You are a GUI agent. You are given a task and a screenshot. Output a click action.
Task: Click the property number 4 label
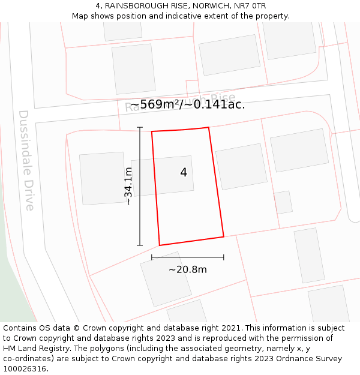point(184,173)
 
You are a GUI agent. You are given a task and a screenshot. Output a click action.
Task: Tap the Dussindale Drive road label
point(27,160)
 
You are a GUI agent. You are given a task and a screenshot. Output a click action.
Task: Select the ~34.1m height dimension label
point(128,186)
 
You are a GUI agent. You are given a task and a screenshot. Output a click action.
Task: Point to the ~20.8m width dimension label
point(187,270)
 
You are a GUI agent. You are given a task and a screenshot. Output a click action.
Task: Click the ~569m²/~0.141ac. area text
point(187,104)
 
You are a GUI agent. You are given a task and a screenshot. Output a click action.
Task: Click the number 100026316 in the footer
point(23,369)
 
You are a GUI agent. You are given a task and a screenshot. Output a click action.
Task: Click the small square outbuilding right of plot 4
point(283,202)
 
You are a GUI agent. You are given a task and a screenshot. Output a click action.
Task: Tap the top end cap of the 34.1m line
point(140,127)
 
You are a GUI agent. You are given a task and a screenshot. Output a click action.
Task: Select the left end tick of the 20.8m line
point(152,257)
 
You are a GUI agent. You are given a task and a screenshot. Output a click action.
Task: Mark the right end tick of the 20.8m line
point(224,257)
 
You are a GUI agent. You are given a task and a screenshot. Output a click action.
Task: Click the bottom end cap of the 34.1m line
point(140,245)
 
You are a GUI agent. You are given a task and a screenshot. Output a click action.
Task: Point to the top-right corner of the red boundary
point(208,128)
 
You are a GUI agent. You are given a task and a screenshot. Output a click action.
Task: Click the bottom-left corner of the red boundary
point(160,245)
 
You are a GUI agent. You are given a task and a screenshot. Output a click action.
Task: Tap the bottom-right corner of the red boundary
point(224,236)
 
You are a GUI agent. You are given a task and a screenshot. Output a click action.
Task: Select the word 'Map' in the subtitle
point(80,16)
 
